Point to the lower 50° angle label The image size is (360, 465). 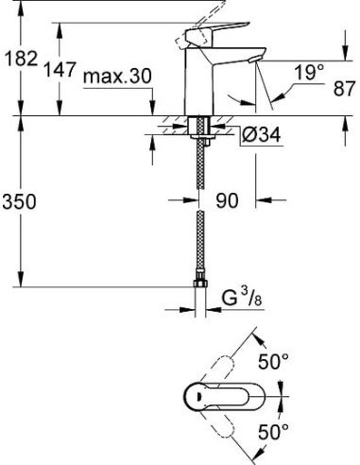(x=273, y=432)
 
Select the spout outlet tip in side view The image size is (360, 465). (x=250, y=61)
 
